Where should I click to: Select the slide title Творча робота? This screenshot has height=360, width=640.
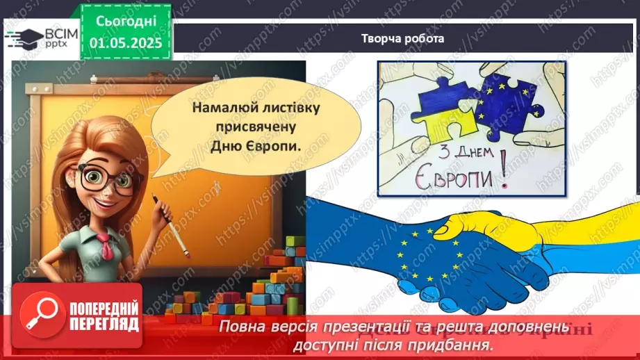tap(402, 39)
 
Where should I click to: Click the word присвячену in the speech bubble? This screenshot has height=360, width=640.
tap(237, 128)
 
